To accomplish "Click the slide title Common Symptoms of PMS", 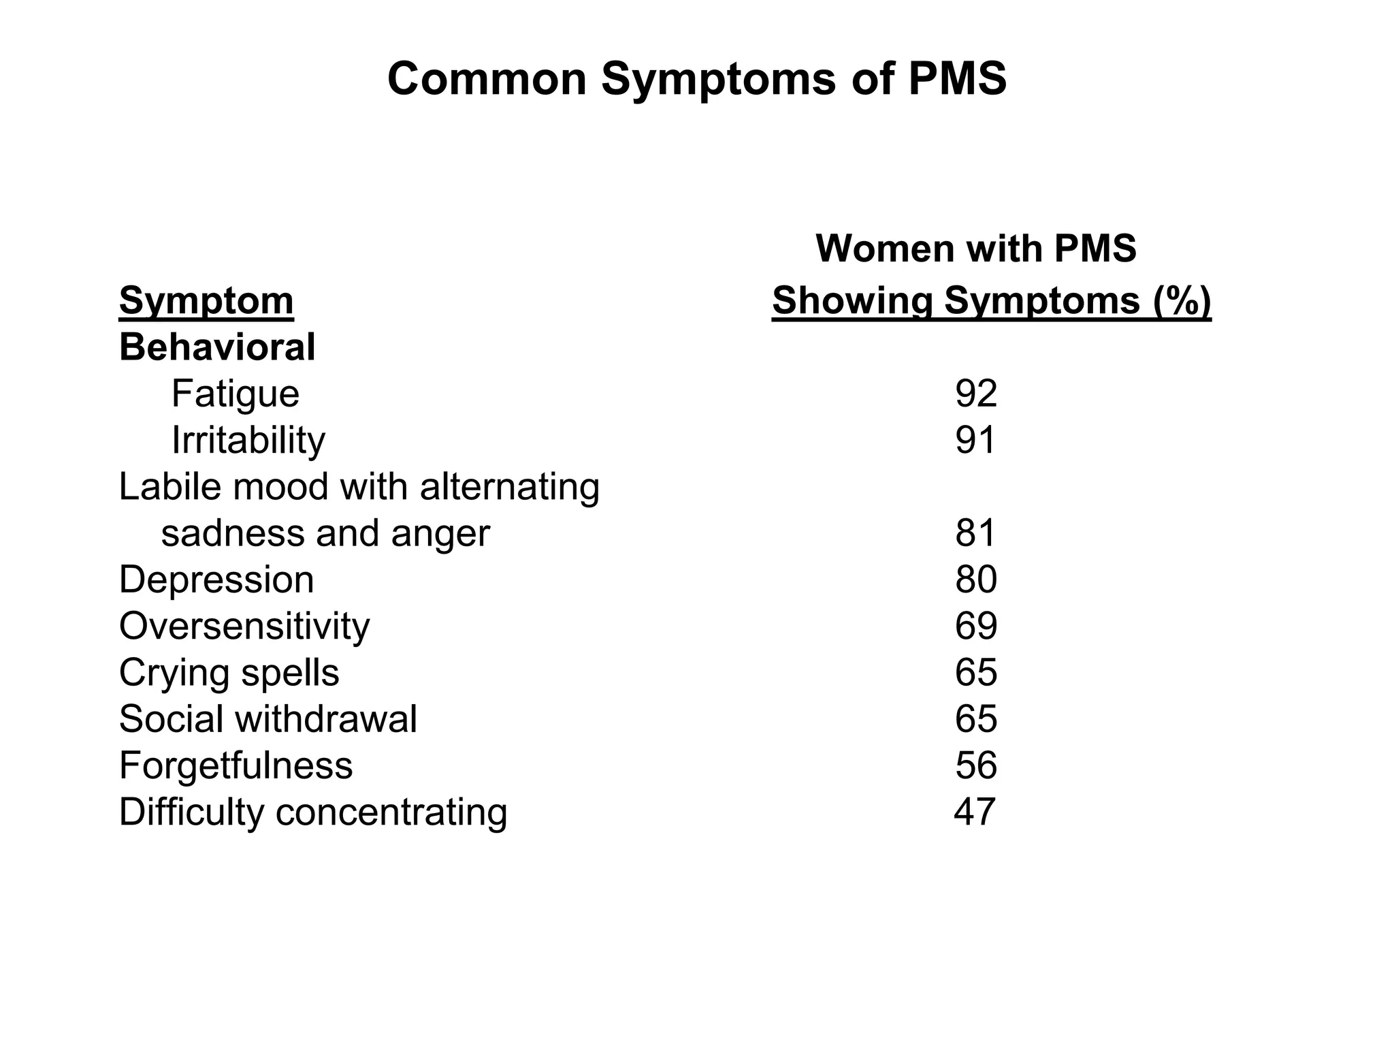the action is pyautogui.click(x=696, y=79).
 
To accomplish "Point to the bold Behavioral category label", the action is pyautogui.click(x=217, y=347).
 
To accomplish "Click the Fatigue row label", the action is pyautogui.click(x=235, y=394).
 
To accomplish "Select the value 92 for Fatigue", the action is pyautogui.click(x=976, y=394).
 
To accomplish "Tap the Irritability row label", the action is pyautogui.click(x=248, y=440).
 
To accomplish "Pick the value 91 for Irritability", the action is pyautogui.click(x=975, y=440).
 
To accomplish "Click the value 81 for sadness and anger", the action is pyautogui.click(x=975, y=533).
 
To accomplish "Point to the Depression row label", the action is pyautogui.click(x=216, y=580).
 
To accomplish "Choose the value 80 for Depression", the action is pyautogui.click(x=976, y=580).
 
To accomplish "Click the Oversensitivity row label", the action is pyautogui.click(x=244, y=626).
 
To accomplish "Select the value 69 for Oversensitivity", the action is pyautogui.click(x=976, y=626).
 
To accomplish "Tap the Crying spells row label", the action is pyautogui.click(x=229, y=673).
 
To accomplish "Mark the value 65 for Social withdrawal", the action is pyautogui.click(x=976, y=719).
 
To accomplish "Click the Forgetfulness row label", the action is pyautogui.click(x=236, y=765).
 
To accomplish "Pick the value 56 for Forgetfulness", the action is pyautogui.click(x=976, y=765).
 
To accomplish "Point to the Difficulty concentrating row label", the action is pyautogui.click(x=313, y=812).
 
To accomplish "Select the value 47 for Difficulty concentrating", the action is pyautogui.click(x=975, y=812).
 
